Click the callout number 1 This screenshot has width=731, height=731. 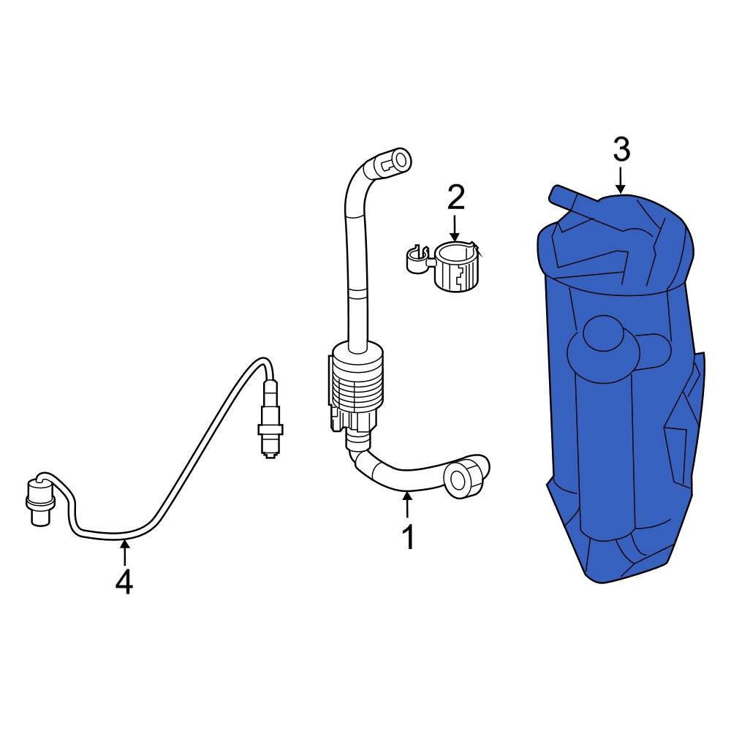pos(408,537)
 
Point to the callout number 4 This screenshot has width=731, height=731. pos(124,582)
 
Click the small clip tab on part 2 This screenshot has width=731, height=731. pos(414,260)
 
